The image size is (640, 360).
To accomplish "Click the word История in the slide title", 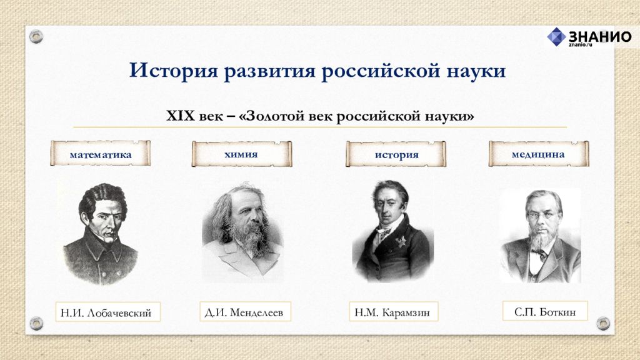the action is point(174,71).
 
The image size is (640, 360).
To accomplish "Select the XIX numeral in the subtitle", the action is point(181,116).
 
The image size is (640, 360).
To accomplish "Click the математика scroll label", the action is point(101,154).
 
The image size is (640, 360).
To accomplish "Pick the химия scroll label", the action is point(242,154).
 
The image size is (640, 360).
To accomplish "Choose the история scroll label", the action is point(396,154).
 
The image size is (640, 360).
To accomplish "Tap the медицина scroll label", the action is point(538,154).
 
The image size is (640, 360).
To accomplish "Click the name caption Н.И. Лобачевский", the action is point(107,312).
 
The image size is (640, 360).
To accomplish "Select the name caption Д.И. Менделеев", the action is point(245,312).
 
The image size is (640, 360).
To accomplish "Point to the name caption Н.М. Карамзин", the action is point(393,312).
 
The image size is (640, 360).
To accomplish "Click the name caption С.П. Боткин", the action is point(545,311).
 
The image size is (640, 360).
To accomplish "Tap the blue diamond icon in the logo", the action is point(556,37).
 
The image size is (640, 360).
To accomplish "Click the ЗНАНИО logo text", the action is point(600,37).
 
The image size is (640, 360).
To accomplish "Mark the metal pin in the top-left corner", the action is point(36,37).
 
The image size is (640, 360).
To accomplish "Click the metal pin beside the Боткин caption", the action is point(603,323).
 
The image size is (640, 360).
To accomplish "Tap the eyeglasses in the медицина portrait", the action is point(541,214).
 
